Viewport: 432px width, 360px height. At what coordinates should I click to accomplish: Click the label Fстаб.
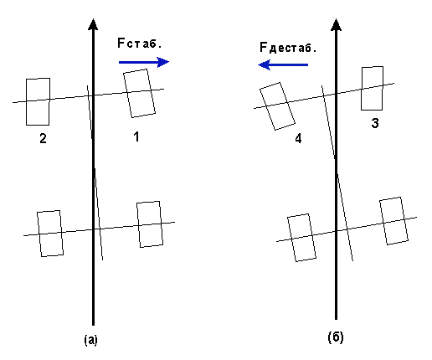140,44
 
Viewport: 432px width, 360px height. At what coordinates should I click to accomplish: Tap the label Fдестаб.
288,48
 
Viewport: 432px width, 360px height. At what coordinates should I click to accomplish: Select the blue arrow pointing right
144,62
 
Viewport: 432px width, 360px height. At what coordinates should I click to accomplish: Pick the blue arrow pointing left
283,64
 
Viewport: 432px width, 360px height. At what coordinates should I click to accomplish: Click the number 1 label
136,136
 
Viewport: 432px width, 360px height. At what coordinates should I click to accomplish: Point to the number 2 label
43,138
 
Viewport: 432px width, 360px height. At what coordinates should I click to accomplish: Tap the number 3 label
375,123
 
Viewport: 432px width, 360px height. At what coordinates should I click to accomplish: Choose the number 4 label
298,138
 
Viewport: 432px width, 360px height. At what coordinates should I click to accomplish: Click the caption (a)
91,340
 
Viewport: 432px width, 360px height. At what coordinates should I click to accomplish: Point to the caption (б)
336,337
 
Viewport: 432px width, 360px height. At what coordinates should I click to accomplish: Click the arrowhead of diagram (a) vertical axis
93,24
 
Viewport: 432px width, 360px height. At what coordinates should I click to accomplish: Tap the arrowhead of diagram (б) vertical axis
336,24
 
